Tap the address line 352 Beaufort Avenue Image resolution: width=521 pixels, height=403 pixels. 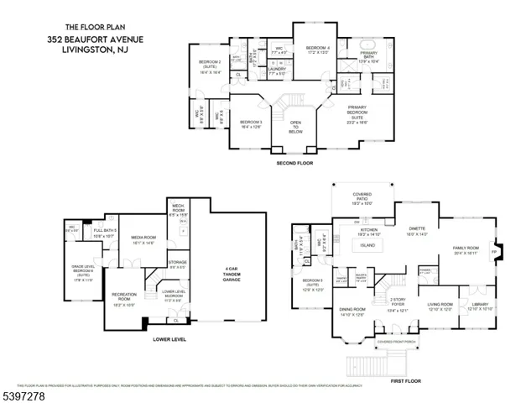coord(96,39)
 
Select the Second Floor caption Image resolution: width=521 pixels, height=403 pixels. coord(294,162)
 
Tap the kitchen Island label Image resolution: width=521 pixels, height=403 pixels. coord(367,246)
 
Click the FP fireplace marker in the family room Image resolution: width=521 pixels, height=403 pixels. coord(493,251)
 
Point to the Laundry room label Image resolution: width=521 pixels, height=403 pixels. coord(278,69)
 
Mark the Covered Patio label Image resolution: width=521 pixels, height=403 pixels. coord(362,193)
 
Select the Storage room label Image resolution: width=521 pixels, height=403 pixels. coord(177,262)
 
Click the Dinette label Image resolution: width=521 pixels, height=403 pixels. coord(417,228)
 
